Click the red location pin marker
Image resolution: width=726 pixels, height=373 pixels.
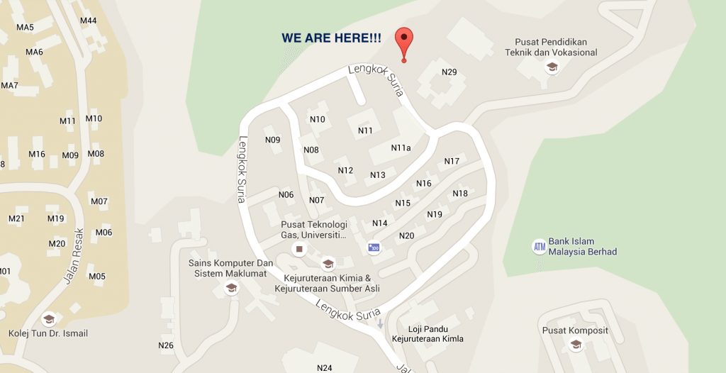[x=404, y=41]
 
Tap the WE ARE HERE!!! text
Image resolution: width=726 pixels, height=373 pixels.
[x=331, y=38]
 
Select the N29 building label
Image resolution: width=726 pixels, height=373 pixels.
[x=449, y=72]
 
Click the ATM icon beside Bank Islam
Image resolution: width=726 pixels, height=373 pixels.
[x=540, y=247]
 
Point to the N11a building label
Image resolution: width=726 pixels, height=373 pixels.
[x=401, y=147]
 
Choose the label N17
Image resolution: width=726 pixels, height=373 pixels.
[x=452, y=161]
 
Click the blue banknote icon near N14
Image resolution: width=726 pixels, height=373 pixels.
[x=374, y=247]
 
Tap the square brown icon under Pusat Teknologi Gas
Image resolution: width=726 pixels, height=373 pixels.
[x=299, y=250]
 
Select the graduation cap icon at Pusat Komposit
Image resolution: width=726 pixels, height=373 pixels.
[x=576, y=344]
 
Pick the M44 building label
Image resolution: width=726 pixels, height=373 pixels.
[x=88, y=21]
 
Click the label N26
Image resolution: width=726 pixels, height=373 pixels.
[x=166, y=345]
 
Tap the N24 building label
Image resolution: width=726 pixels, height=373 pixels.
[x=325, y=367]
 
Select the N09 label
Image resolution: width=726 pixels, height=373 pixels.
[x=273, y=140]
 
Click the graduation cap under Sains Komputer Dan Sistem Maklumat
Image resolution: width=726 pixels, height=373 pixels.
[x=230, y=288]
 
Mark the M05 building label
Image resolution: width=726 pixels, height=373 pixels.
[x=97, y=276]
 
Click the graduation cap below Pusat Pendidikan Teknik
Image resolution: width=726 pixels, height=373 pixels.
[x=551, y=67]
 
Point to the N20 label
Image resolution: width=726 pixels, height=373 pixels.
[x=407, y=235]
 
